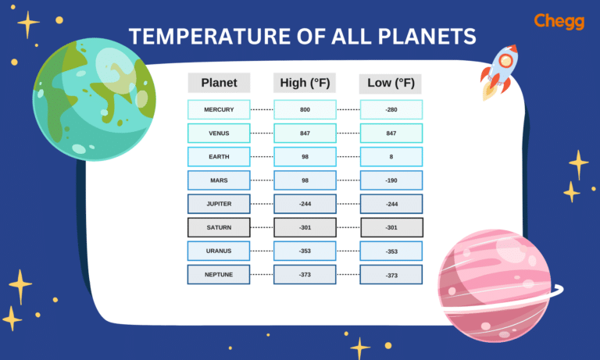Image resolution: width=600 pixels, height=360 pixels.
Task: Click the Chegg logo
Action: pos(559,22)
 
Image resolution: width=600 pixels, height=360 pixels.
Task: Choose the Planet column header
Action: pos(219,83)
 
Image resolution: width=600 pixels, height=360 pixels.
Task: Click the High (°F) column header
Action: pos(305,83)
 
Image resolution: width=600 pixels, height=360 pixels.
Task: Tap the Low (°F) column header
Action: pos(391,83)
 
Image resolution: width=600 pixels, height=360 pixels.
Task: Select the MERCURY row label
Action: pos(219,109)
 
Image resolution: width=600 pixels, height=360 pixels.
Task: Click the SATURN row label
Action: pos(219,228)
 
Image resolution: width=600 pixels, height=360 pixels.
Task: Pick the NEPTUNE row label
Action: pos(219,275)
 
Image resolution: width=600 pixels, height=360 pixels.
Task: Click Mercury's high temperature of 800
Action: pos(305,109)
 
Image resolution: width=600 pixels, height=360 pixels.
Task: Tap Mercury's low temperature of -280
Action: pos(391,109)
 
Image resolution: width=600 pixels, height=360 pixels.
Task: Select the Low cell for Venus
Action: pos(391,134)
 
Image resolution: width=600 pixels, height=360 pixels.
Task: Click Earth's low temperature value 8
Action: pos(391,157)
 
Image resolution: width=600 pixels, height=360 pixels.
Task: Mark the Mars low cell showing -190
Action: pos(391,180)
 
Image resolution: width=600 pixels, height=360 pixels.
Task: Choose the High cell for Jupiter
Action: pos(305,204)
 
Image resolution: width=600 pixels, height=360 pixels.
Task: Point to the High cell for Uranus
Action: pos(305,251)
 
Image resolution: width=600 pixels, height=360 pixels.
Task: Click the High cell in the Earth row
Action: pos(305,157)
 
